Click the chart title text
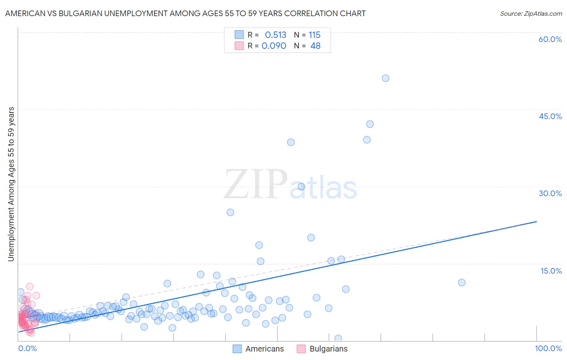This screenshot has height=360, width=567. [185, 13]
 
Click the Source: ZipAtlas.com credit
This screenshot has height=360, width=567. [531, 13]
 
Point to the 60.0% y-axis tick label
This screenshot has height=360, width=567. [550, 39]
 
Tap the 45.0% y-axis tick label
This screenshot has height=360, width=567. [550, 116]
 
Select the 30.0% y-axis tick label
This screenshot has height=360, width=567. [550, 193]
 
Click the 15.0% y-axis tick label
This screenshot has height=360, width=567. [551, 271]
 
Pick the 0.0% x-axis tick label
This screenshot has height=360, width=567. [27, 348]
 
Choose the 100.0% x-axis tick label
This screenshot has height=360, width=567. [548, 348]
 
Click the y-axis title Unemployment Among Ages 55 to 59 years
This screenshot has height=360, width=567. [11, 184]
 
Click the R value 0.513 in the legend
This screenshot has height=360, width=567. [275, 35]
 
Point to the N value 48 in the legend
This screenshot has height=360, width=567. [315, 46]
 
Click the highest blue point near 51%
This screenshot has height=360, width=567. [386, 78]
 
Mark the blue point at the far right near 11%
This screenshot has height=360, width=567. [462, 283]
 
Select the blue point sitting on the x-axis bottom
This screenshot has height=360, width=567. [338, 339]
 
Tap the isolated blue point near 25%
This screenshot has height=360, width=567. [230, 212]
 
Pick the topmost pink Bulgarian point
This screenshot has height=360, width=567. [29, 287]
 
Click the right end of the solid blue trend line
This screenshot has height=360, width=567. [536, 222]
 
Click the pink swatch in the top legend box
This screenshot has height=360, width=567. [239, 46]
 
